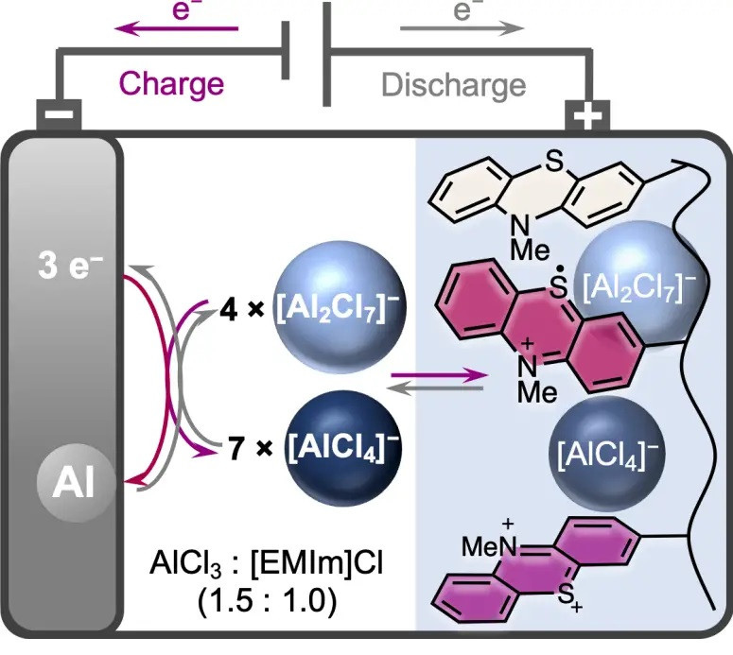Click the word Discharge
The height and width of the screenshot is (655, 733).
tap(453, 84)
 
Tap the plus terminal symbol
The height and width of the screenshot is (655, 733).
tap(587, 117)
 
